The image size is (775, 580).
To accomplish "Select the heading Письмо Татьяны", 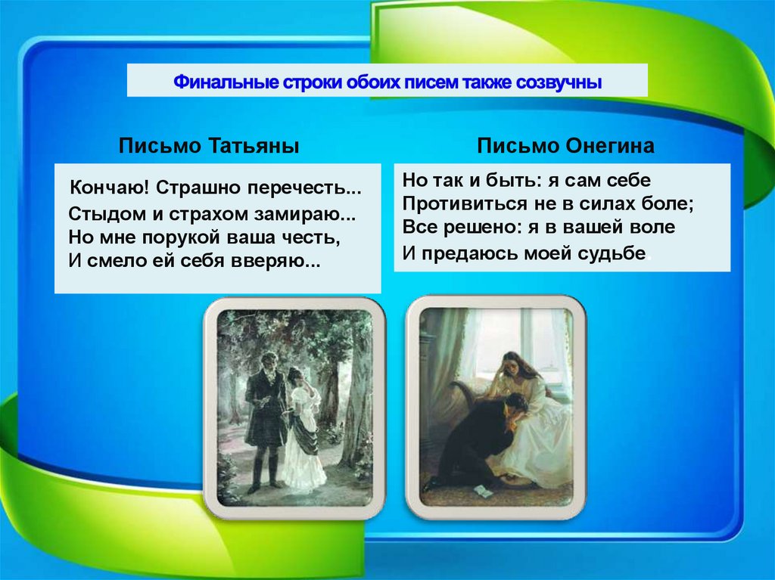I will pos(209,146).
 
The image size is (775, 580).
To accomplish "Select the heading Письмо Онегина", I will pos(565,146).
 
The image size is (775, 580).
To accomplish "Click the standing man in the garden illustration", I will pos(265,416).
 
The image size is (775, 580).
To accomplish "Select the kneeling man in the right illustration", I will pos(477,439).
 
